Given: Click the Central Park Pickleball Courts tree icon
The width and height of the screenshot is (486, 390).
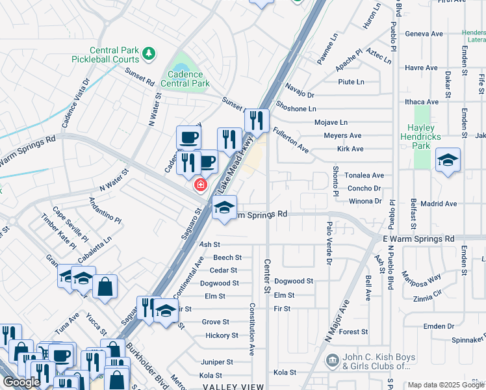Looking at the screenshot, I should (150, 52).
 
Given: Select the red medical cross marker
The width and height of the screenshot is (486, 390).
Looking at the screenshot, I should (201, 185).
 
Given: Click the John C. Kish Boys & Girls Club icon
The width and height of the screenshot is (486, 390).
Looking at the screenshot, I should (332, 359).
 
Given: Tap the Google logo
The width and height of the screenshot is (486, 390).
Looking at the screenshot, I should (21, 382).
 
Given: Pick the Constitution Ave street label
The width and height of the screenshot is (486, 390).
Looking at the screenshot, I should (251, 329).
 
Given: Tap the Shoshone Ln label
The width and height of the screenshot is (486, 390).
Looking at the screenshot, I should (296, 109).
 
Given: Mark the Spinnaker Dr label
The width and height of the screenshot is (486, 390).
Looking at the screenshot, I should (467, 339).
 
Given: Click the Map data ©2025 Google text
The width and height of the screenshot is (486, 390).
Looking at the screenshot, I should (446, 385).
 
